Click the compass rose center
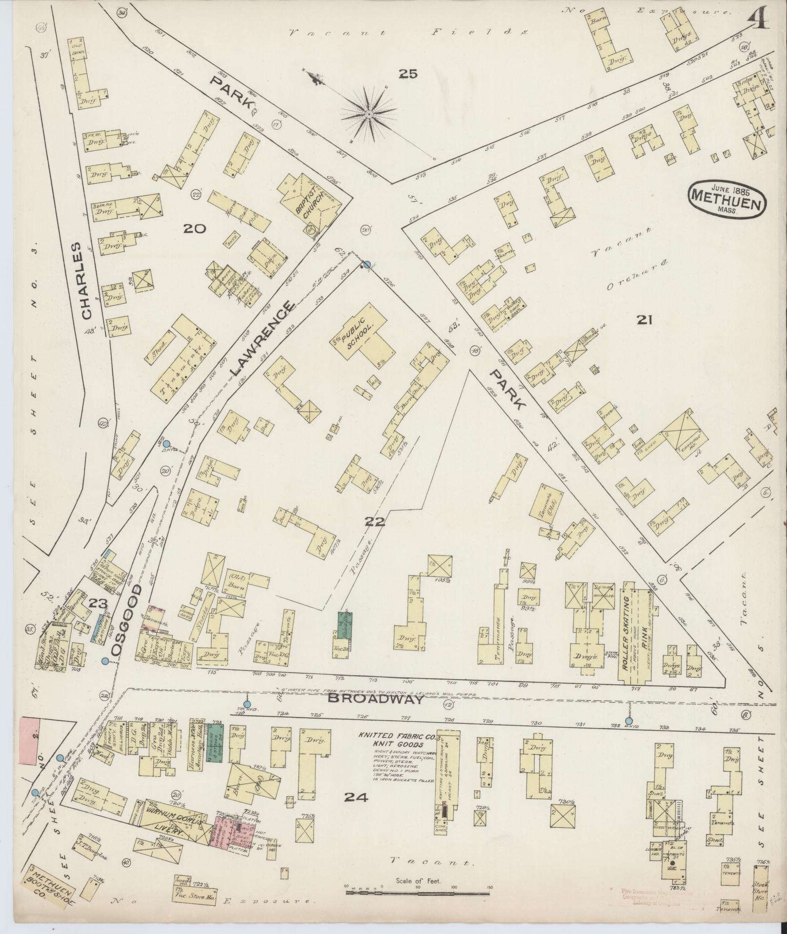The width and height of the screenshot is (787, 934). (369, 114)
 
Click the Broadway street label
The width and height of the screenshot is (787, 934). (374, 699)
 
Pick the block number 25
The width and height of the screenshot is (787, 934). (408, 74)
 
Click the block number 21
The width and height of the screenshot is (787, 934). (645, 320)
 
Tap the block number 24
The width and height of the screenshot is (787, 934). (356, 797)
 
